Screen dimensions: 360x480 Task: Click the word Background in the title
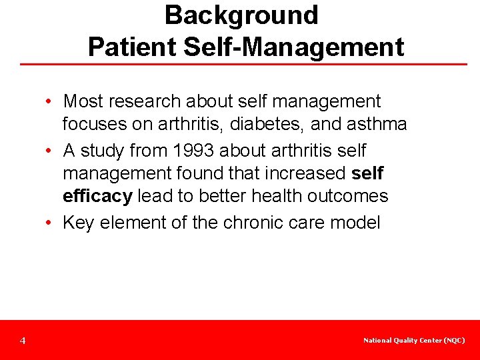coord(241,15)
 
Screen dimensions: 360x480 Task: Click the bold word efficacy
coord(97,196)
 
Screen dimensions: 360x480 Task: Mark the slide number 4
coord(23,341)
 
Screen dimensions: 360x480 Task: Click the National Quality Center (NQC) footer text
coord(414,341)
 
